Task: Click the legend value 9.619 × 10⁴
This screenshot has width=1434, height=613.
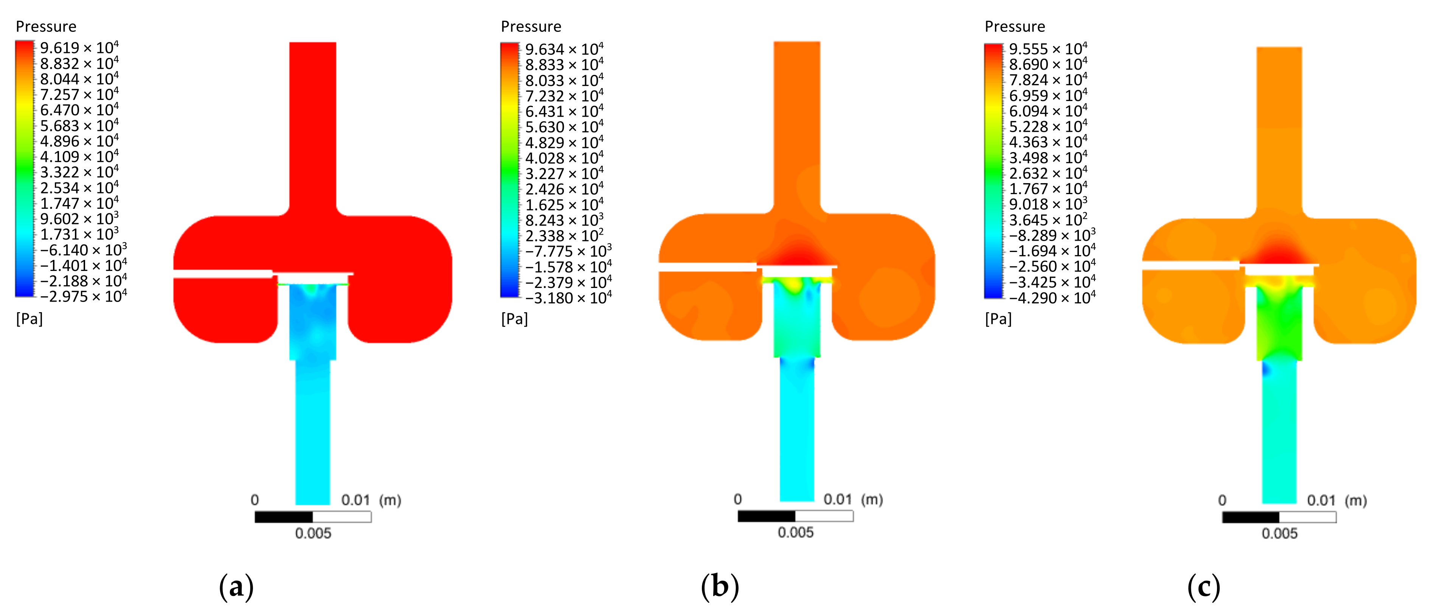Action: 79,48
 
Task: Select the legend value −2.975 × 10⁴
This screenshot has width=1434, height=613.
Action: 83,296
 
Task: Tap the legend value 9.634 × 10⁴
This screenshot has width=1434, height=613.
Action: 564,50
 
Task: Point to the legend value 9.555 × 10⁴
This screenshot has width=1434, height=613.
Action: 1048,49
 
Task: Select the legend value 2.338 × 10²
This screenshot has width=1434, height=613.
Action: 564,236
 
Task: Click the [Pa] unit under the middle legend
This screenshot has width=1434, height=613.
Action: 514,319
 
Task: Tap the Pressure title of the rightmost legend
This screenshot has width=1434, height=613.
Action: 1014,27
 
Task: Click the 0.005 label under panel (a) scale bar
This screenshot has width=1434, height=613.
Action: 313,534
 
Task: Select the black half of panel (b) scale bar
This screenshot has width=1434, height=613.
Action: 766,516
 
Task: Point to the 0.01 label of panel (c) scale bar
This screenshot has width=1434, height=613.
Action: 1321,500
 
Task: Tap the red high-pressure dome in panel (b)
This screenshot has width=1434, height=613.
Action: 797,253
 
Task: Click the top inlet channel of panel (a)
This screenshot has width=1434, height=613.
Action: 312,123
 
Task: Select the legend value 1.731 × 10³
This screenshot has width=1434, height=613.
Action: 79,234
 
